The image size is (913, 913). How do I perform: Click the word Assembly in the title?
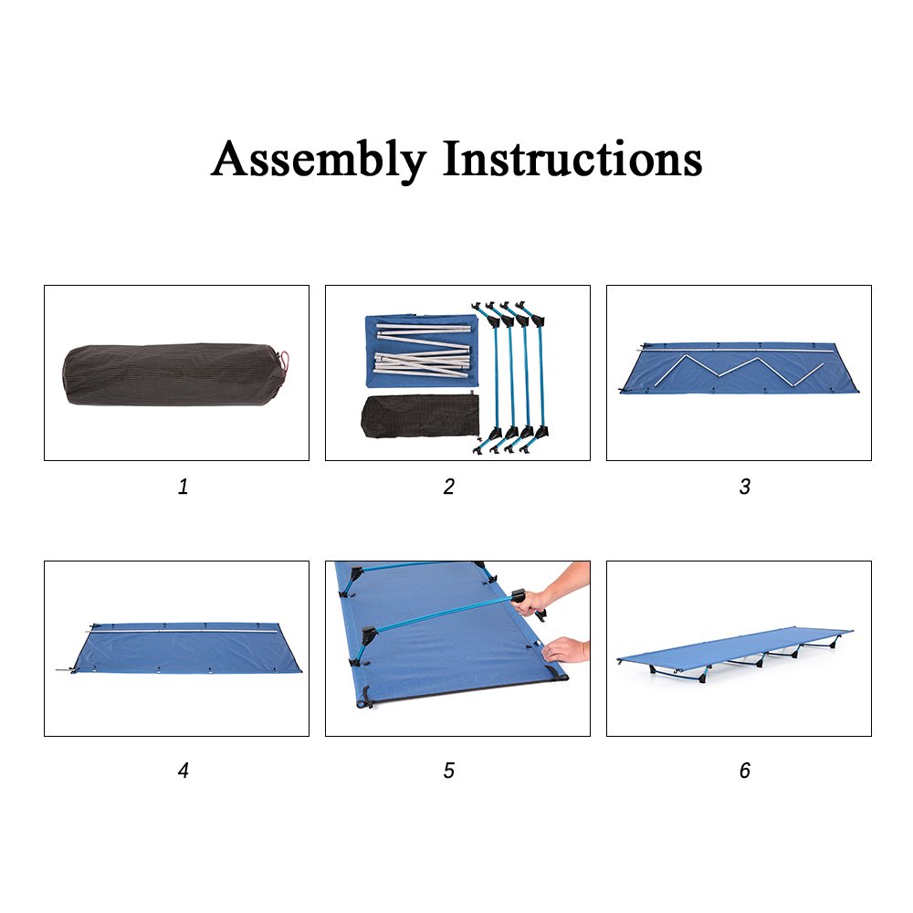click(319, 160)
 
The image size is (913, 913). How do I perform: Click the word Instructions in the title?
click(572, 158)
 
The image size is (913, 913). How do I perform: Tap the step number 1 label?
click(183, 487)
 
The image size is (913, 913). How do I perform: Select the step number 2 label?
click(449, 487)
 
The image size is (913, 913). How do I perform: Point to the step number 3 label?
click(745, 487)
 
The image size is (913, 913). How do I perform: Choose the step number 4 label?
click(183, 771)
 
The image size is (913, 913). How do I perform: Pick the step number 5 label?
click(449, 771)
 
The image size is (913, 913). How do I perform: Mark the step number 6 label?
click(745, 771)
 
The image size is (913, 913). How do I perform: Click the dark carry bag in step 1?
click(174, 374)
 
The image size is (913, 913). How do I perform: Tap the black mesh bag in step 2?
click(420, 415)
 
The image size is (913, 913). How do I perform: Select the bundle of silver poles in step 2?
click(422, 350)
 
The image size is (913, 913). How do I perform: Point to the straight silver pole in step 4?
click(184, 630)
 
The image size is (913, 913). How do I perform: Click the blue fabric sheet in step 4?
click(186, 649)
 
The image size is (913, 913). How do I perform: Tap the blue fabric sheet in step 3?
click(739, 368)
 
